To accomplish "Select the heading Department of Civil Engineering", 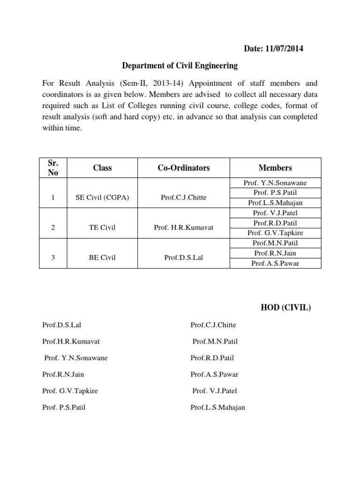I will click(x=180, y=66).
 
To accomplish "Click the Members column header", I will click(x=275, y=167).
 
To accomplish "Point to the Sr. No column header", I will click(x=53, y=167).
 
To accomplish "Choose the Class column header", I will click(x=102, y=167).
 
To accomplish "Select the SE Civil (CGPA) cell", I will click(x=102, y=198).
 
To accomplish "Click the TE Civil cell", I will click(x=102, y=228).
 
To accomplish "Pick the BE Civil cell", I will click(x=102, y=258).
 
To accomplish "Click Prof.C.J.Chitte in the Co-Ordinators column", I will click(x=183, y=198).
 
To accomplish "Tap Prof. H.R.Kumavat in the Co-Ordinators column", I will click(x=183, y=228).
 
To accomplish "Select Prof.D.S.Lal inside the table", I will click(x=183, y=258).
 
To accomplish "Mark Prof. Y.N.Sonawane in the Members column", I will click(x=275, y=183).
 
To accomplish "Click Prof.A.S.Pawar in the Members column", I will click(x=275, y=263).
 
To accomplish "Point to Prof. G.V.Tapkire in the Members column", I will click(x=275, y=233).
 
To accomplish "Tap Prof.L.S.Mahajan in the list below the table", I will click(x=217, y=407).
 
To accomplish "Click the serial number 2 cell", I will click(x=53, y=228).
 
